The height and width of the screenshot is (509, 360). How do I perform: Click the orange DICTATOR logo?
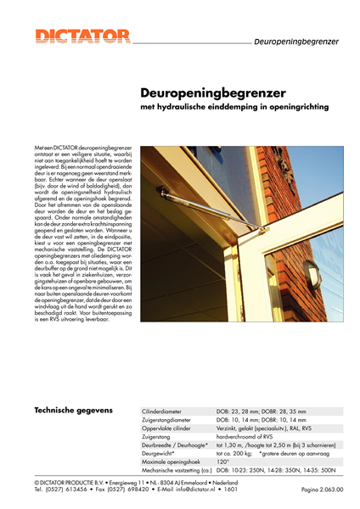point(82,36)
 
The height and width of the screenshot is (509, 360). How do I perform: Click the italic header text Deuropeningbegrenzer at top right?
point(296,41)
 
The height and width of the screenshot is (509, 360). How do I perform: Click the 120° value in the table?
point(223,461)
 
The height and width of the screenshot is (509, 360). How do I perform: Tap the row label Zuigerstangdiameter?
point(175,419)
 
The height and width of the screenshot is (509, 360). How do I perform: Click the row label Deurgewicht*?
point(162,452)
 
